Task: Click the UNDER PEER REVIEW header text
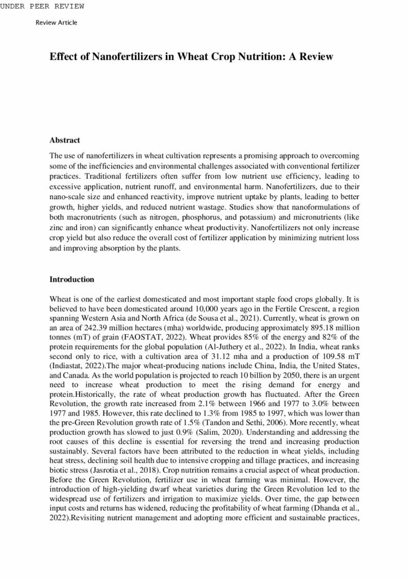tap(42, 6)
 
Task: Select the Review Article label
tap(56, 23)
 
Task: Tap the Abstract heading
tap(64, 140)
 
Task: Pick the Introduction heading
tap(72, 279)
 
